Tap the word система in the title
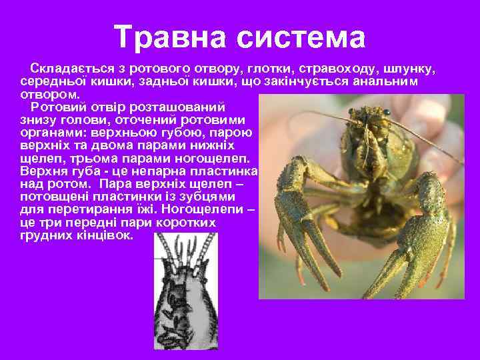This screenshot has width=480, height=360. pyautogui.click(x=300, y=37)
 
